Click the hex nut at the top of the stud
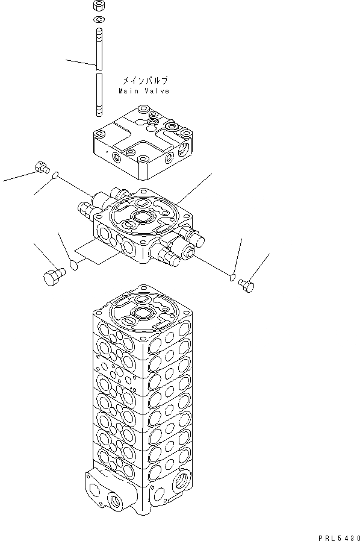point(98,8)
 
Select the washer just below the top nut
point(98,22)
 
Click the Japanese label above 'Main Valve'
point(144,81)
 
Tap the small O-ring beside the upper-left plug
point(55,175)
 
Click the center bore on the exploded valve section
point(145,217)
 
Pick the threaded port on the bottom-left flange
point(111,498)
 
